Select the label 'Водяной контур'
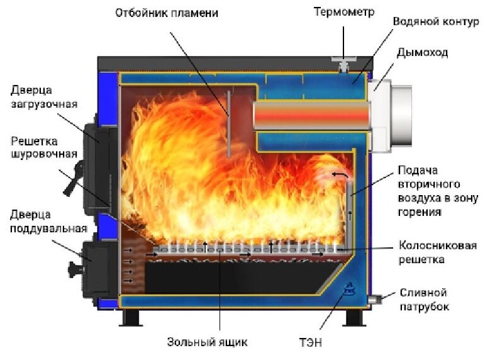(x=428, y=21)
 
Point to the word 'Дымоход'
(x=423, y=52)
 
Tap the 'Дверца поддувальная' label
(x=43, y=220)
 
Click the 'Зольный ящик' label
(x=207, y=343)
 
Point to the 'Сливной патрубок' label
(x=425, y=300)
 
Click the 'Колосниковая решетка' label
(x=435, y=252)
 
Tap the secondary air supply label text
(x=430, y=191)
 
